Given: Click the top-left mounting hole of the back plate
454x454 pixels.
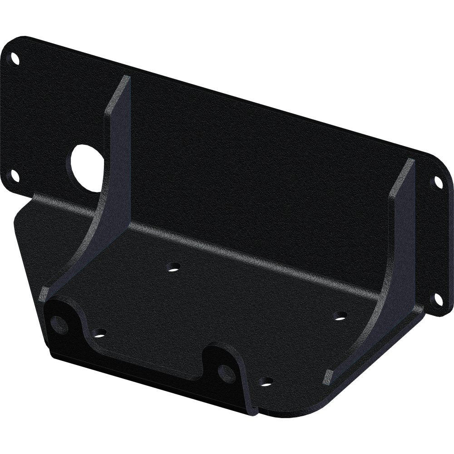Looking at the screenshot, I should click(15, 59).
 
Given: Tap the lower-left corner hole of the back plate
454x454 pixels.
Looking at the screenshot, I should click(15, 175).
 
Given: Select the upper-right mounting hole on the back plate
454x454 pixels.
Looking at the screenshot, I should click(438, 183).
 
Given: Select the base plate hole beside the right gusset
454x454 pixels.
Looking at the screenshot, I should click(339, 316).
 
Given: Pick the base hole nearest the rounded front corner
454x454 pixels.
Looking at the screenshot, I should click(267, 382).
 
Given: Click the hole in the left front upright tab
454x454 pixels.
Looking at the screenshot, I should click(59, 324).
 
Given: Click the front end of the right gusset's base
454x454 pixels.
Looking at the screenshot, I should click(328, 378).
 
